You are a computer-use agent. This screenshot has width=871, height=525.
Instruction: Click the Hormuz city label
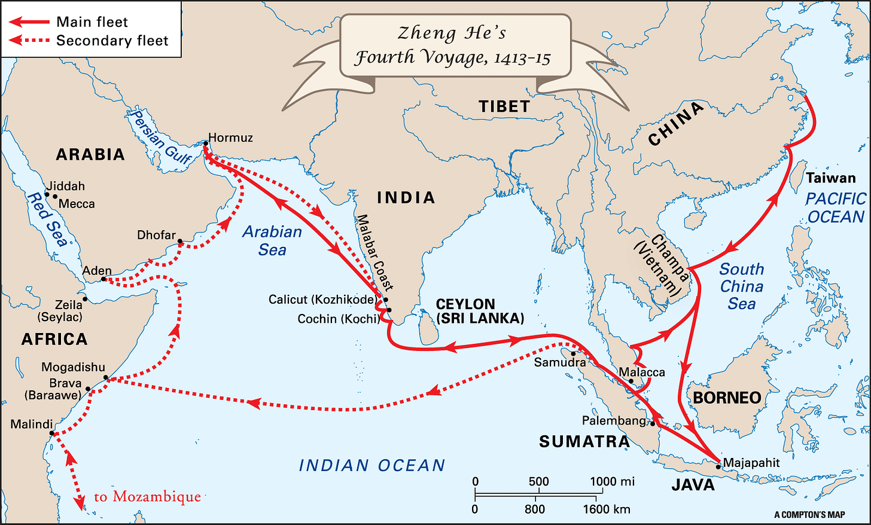tap(230, 138)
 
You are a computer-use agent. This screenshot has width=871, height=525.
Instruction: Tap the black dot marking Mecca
tap(55, 196)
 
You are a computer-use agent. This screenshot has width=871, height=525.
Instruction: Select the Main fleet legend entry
tap(92, 22)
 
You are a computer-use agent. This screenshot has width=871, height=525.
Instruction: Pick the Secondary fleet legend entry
tap(112, 41)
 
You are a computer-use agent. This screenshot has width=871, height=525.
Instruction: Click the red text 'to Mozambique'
tap(147, 497)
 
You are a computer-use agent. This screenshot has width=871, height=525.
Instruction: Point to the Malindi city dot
tap(53, 434)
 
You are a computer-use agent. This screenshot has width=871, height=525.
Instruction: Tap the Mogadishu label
tap(73, 367)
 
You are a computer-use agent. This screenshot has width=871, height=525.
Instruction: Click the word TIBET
tap(504, 106)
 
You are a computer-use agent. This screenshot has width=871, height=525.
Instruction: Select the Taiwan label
tap(830, 178)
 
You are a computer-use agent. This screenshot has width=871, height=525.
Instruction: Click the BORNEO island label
tap(727, 398)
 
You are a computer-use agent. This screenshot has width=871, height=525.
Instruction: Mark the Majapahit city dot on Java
tap(718, 466)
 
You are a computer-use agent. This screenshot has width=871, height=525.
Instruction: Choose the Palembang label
tap(614, 420)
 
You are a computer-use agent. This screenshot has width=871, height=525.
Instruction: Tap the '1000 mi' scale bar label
tap(612, 481)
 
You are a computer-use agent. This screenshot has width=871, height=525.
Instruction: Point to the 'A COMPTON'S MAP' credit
tap(809, 515)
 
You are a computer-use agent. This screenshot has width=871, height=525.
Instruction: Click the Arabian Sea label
tap(272, 240)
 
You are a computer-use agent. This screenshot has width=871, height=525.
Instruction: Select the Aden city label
tap(97, 270)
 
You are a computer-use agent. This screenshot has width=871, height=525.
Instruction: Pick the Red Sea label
tap(47, 219)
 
